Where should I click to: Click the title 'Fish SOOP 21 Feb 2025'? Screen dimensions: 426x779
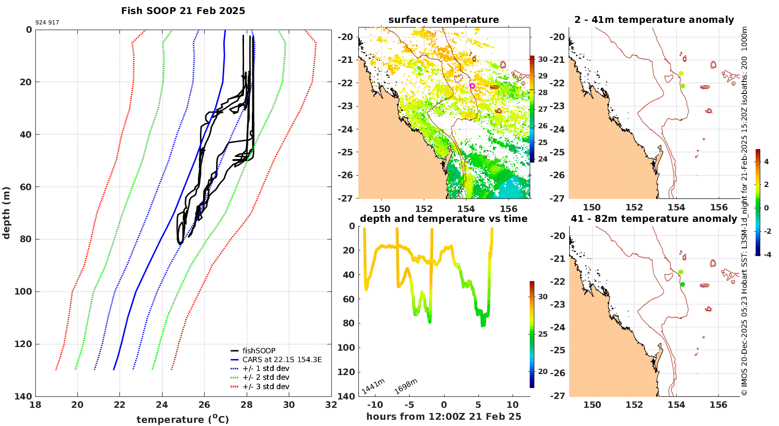(x=183, y=11)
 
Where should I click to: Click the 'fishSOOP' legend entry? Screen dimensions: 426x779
(x=259, y=351)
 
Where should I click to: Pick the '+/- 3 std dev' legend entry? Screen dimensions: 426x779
(x=265, y=387)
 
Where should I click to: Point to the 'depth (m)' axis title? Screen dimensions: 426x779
(x=6, y=213)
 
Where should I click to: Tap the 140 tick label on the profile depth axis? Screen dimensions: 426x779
(x=22, y=396)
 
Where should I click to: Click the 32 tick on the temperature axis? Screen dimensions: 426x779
(x=331, y=405)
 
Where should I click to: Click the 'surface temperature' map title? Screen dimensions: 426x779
(x=444, y=20)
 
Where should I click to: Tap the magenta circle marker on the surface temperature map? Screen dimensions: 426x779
(x=472, y=86)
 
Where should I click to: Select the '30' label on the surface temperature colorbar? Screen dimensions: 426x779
(x=543, y=59)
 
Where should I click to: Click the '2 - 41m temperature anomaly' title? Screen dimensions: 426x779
(x=654, y=20)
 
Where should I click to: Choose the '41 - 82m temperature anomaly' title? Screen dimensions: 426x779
(x=654, y=219)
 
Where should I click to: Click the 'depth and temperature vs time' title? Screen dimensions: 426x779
(x=444, y=219)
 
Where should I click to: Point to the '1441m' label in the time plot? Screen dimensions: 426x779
(x=373, y=387)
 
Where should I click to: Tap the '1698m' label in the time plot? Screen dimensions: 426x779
(x=406, y=387)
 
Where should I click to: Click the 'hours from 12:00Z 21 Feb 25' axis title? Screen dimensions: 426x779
(x=444, y=417)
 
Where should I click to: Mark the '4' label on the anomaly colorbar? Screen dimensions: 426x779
(x=766, y=162)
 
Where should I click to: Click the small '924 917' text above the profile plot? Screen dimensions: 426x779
(x=47, y=23)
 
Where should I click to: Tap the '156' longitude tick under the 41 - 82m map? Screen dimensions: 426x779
(x=718, y=405)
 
